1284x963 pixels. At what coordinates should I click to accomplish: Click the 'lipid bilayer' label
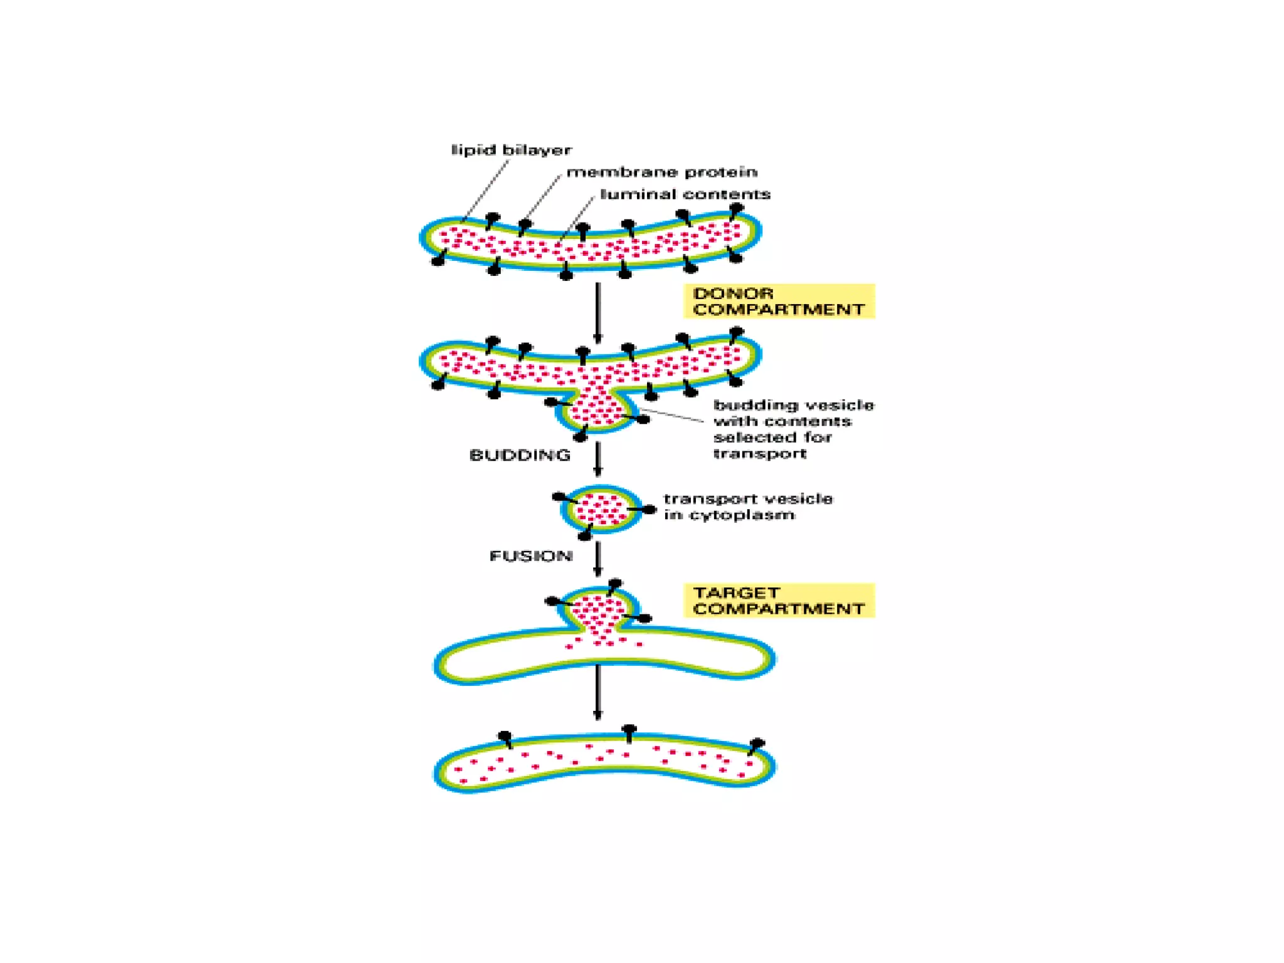511,150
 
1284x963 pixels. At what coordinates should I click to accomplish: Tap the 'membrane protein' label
661,172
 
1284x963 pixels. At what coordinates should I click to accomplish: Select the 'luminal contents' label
685,194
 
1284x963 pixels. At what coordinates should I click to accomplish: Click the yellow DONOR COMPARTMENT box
779,301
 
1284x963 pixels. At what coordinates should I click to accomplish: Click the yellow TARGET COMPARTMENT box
779,601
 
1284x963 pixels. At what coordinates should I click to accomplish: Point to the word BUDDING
520,455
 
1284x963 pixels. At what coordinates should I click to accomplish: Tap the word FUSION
530,556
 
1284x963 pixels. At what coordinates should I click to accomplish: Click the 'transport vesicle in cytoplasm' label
747,507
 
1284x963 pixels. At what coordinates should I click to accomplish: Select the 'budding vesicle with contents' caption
792,429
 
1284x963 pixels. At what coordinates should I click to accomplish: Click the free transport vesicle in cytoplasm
601,509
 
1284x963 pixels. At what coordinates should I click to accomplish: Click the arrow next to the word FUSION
597,559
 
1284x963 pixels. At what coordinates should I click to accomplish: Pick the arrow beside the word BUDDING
597,459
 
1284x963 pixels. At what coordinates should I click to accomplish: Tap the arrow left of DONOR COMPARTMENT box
597,313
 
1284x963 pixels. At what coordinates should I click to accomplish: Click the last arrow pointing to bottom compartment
597,692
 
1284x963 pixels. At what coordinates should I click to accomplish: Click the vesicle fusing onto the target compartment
599,609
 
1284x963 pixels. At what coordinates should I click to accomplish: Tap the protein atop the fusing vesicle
614,586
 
